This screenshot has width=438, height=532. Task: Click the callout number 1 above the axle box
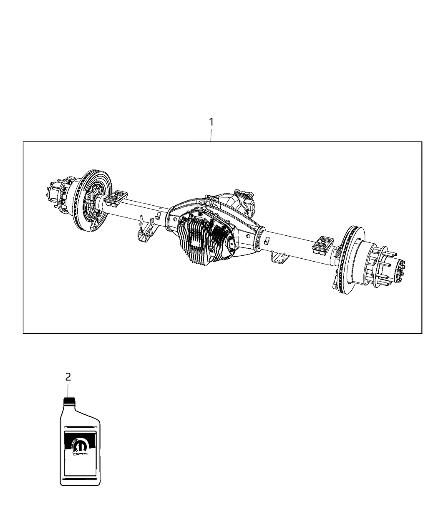coord(211,122)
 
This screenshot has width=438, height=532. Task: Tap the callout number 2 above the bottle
coord(68,377)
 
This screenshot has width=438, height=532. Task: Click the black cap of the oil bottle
coord(68,401)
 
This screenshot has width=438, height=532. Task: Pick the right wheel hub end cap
coord(401,270)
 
